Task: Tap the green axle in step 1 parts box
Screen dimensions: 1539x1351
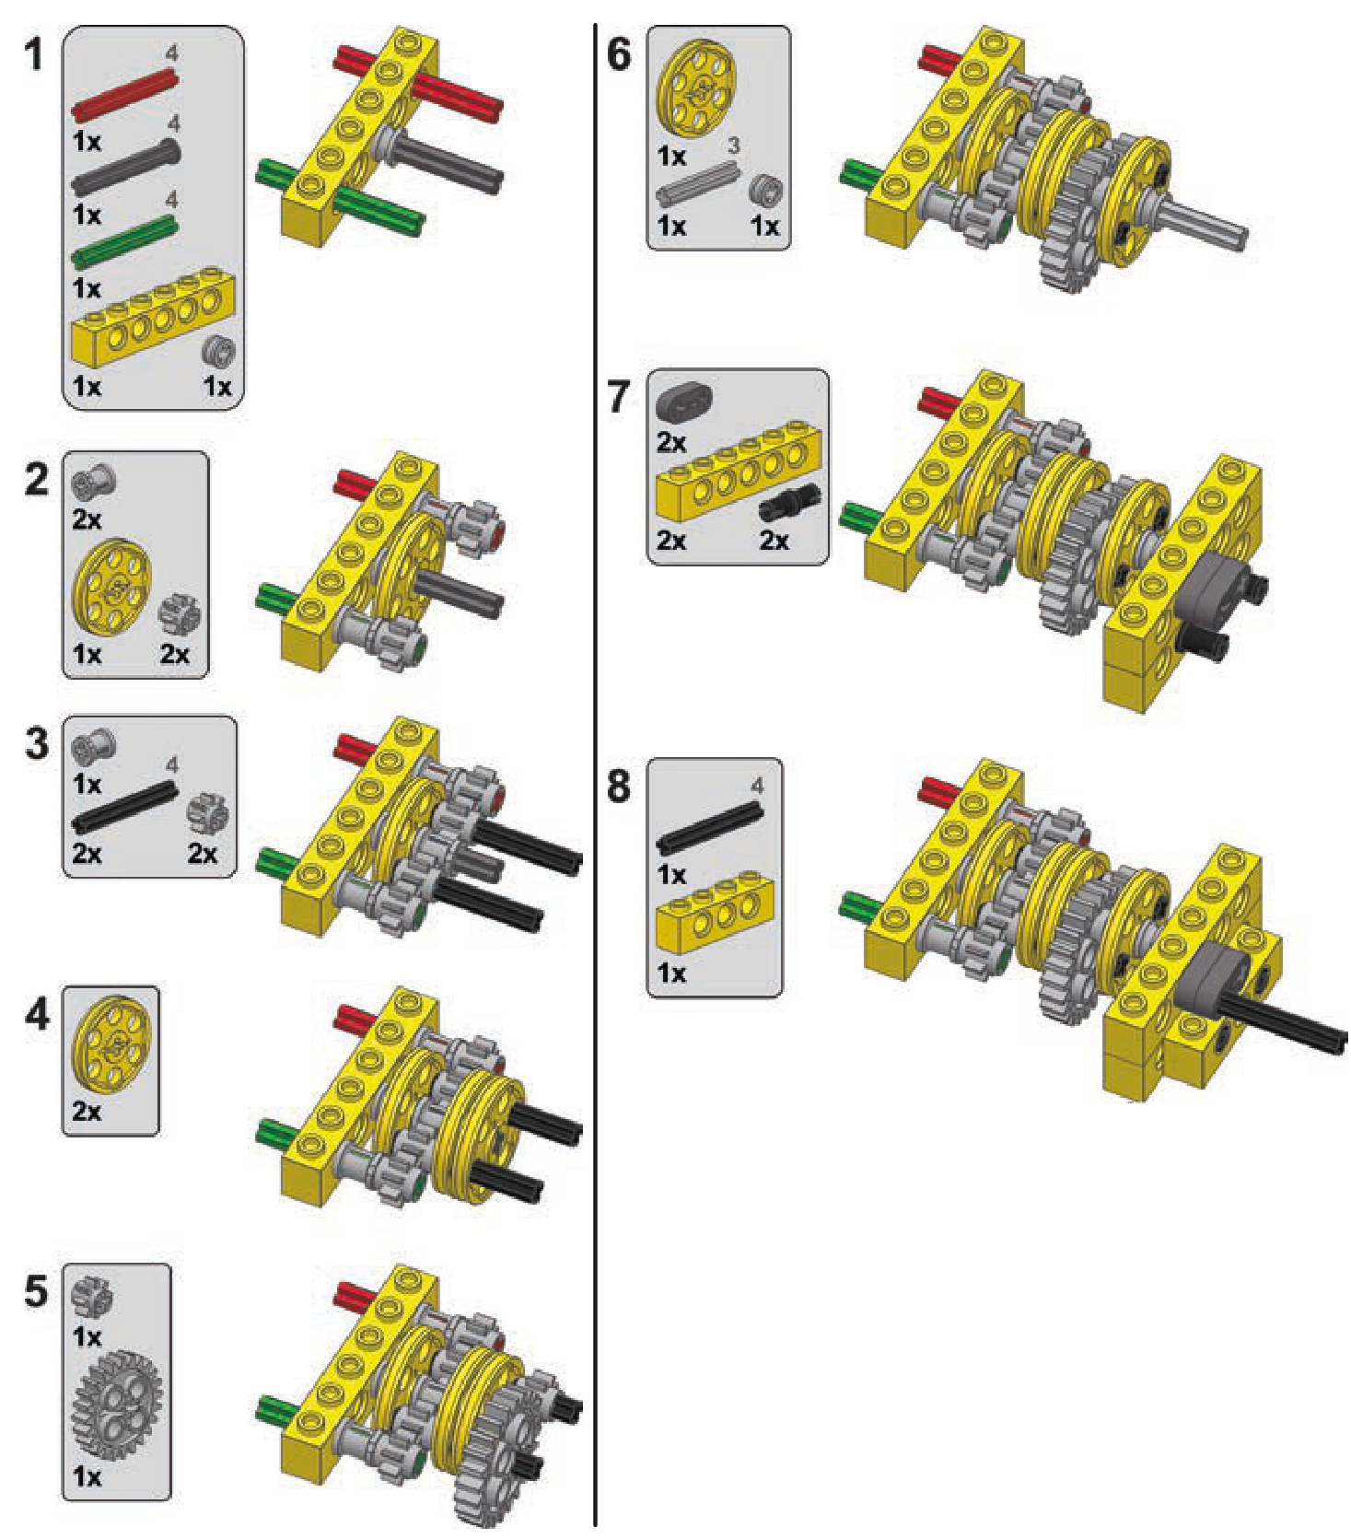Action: (124, 241)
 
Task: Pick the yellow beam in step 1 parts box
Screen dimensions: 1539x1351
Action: (152, 318)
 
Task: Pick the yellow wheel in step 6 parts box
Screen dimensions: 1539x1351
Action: (699, 92)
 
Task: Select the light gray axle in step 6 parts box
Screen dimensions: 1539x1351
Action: (698, 182)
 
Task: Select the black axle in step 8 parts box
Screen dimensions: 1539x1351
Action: (709, 827)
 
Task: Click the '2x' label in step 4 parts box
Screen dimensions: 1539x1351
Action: (87, 1111)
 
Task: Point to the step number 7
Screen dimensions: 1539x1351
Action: (618, 397)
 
